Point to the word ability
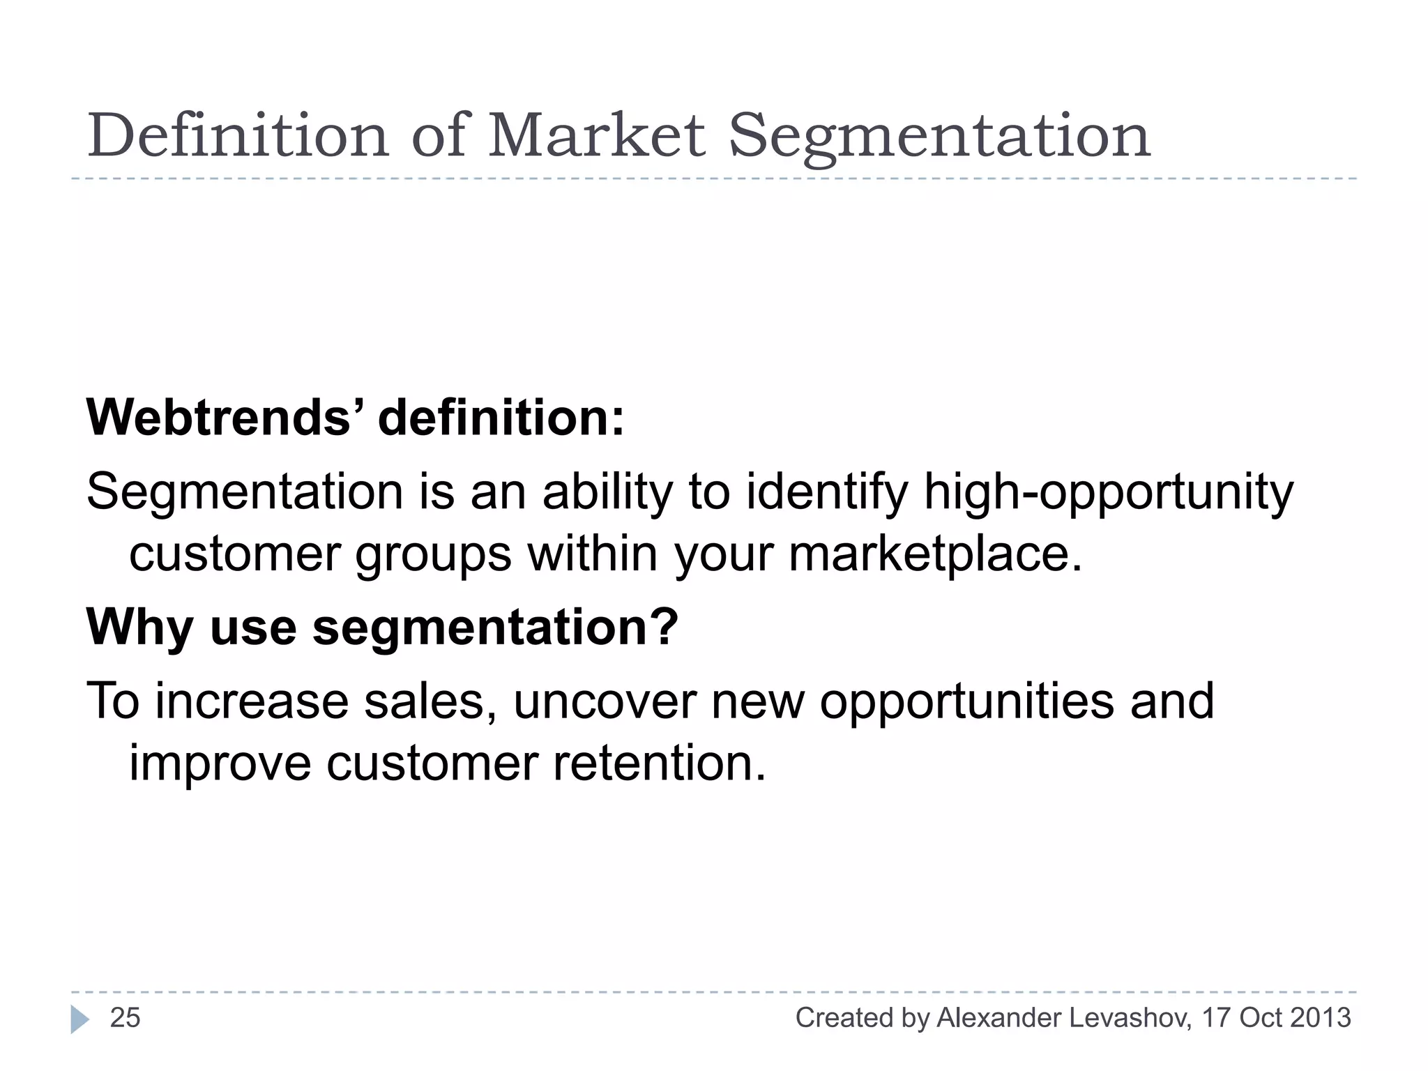tap(608, 492)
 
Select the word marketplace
tap(935, 554)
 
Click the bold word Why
tap(139, 627)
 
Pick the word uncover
tap(605, 701)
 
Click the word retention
tap(660, 763)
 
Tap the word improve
tap(220, 763)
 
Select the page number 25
tap(126, 1018)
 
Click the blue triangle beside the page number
tap(79, 1019)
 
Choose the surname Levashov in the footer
tap(1130, 1018)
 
